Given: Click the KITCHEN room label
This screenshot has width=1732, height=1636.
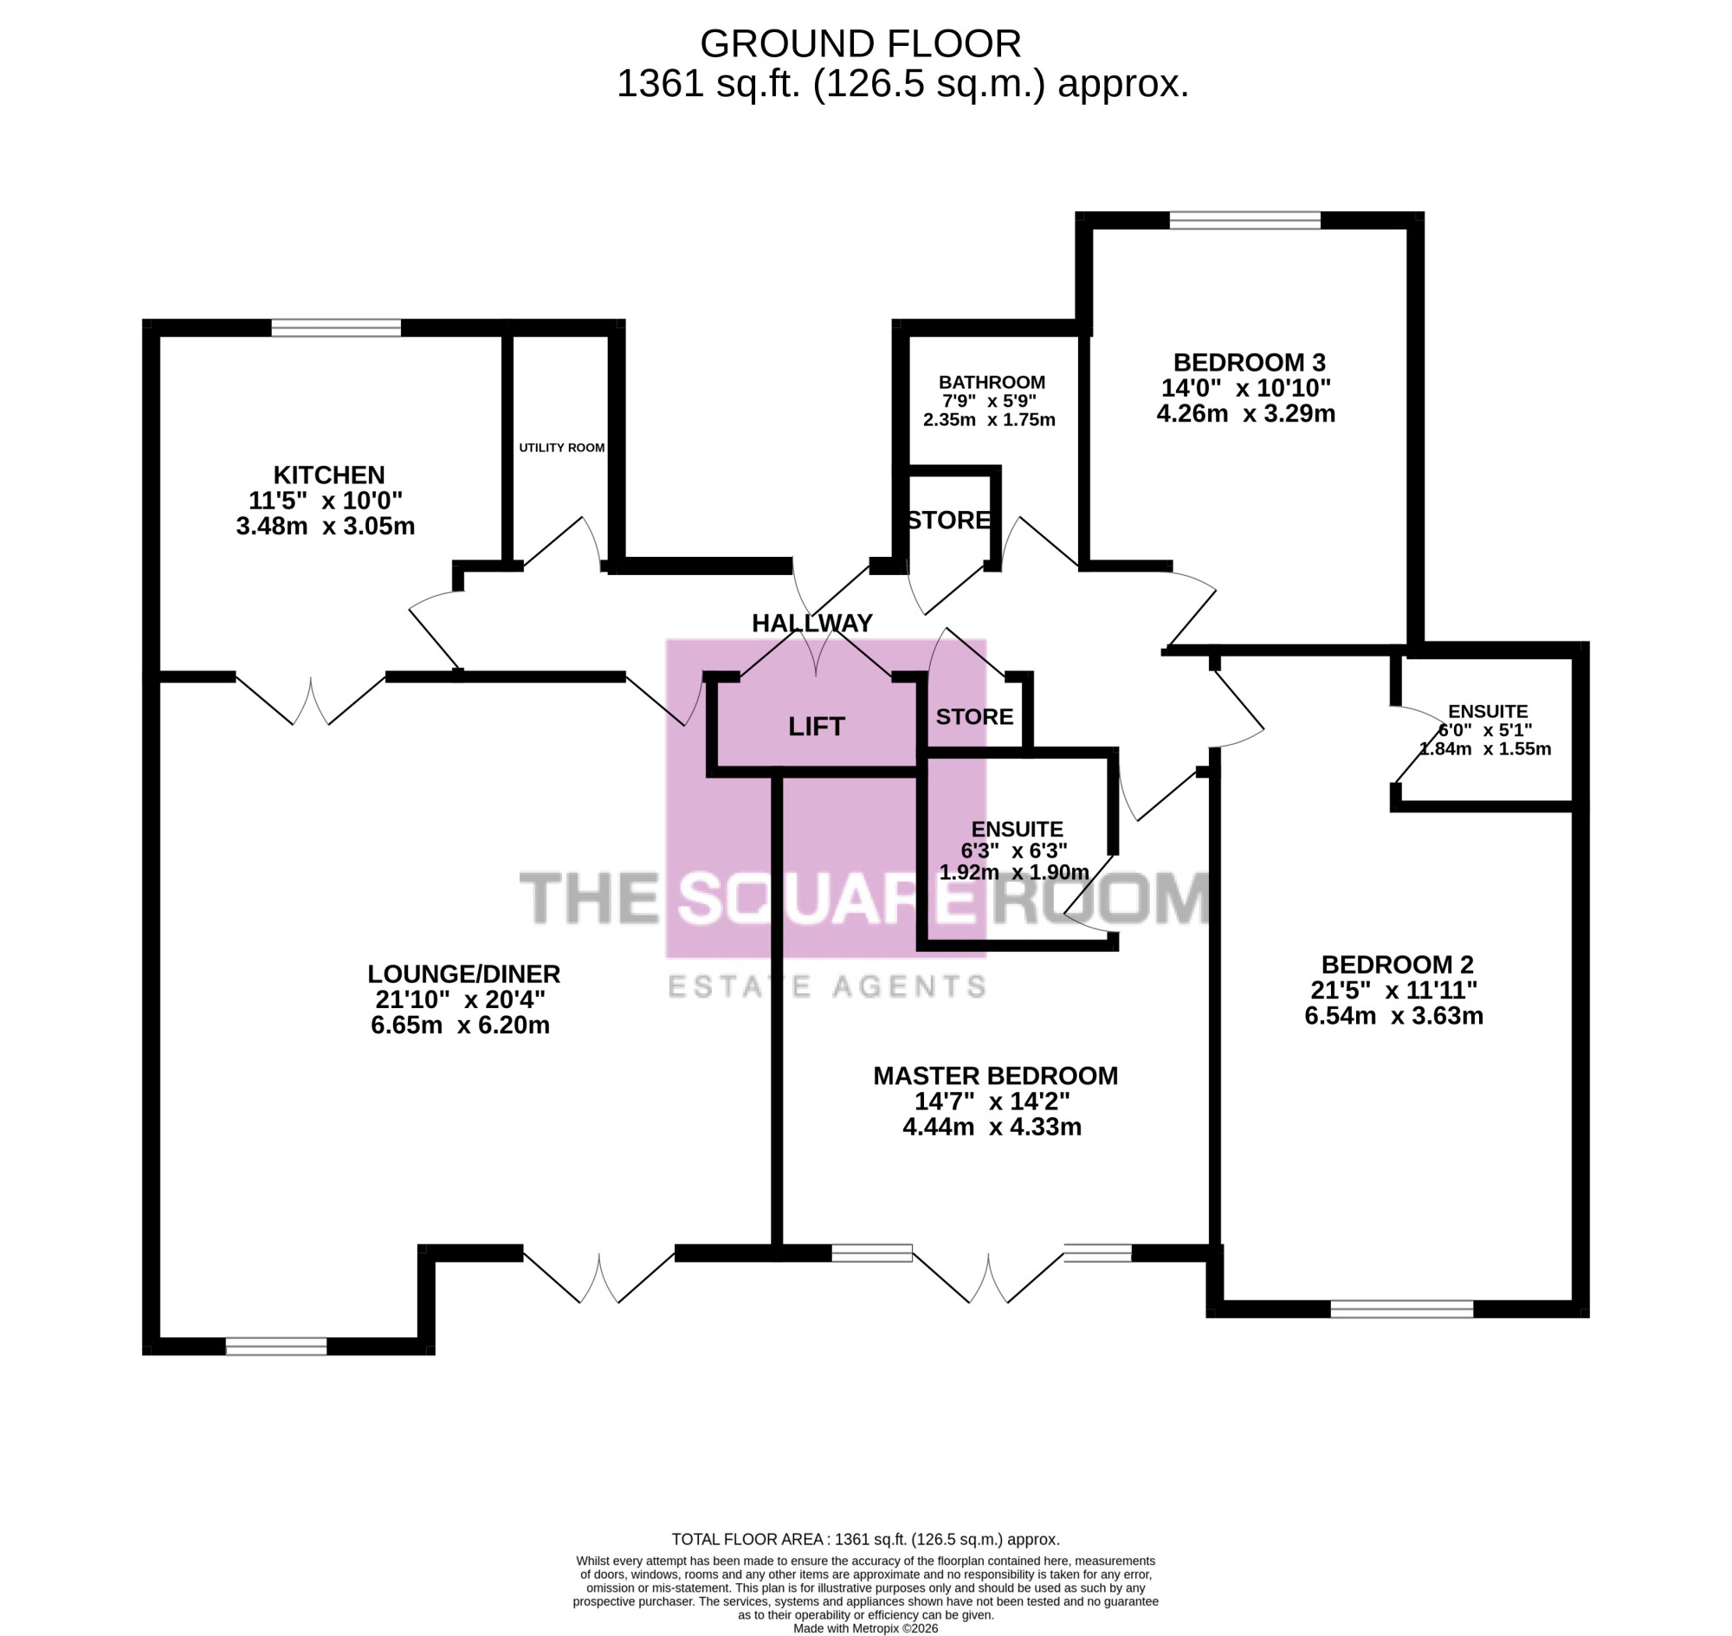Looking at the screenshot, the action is [x=329, y=475].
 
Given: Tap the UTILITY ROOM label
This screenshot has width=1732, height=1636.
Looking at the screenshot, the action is [x=562, y=448].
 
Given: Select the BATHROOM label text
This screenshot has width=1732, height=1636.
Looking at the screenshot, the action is [x=992, y=382].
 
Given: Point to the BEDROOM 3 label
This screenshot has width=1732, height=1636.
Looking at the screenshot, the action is [x=1249, y=362].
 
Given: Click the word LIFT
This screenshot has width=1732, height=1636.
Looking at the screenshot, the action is [x=817, y=727].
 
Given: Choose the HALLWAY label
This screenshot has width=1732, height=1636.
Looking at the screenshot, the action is [x=812, y=623].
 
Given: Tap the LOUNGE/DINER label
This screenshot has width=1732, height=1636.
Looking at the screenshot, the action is [x=464, y=973].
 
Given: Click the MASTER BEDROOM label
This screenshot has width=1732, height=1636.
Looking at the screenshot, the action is [x=995, y=1076].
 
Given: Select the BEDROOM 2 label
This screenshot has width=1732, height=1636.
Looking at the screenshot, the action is [x=1397, y=965].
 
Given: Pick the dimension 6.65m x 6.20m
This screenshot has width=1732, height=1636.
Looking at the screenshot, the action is [x=461, y=1025].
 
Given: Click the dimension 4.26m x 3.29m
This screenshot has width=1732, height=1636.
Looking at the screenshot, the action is [x=1245, y=413].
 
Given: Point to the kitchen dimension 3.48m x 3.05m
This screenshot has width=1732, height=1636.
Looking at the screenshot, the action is [x=326, y=526].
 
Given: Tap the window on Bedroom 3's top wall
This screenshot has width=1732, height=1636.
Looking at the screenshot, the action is [x=1244, y=220].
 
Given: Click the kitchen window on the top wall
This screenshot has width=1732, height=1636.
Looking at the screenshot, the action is [x=336, y=328].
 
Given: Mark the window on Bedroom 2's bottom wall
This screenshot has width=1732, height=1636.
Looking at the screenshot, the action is [x=1401, y=1308].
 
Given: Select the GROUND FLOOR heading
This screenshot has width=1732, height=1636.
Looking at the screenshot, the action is [x=860, y=43].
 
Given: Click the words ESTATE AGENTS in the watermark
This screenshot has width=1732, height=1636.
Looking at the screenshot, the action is [x=827, y=986].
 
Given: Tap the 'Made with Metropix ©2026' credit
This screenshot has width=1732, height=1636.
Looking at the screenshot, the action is [x=865, y=1628].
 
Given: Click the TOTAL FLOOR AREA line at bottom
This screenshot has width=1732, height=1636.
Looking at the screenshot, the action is [x=865, y=1539].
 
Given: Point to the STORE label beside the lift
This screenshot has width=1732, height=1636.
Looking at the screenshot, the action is [x=974, y=717].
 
